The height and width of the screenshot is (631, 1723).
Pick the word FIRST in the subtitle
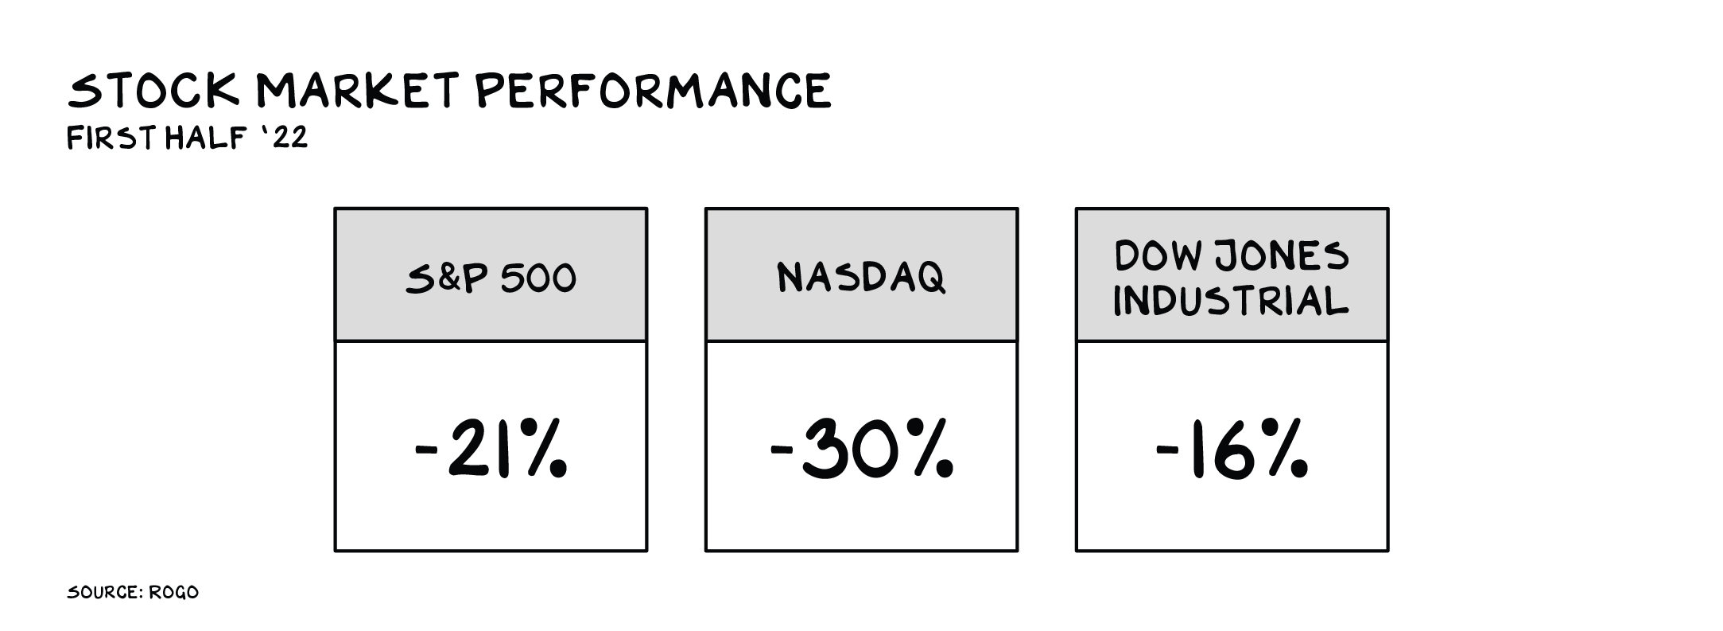pos(114,138)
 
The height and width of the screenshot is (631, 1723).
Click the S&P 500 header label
pos(491,278)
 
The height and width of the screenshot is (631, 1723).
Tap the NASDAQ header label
pos(861,277)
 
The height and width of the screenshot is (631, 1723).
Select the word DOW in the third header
pos(1155,255)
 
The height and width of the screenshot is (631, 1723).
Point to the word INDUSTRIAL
pos(1231,301)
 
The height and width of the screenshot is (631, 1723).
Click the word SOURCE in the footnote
pos(104,593)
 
